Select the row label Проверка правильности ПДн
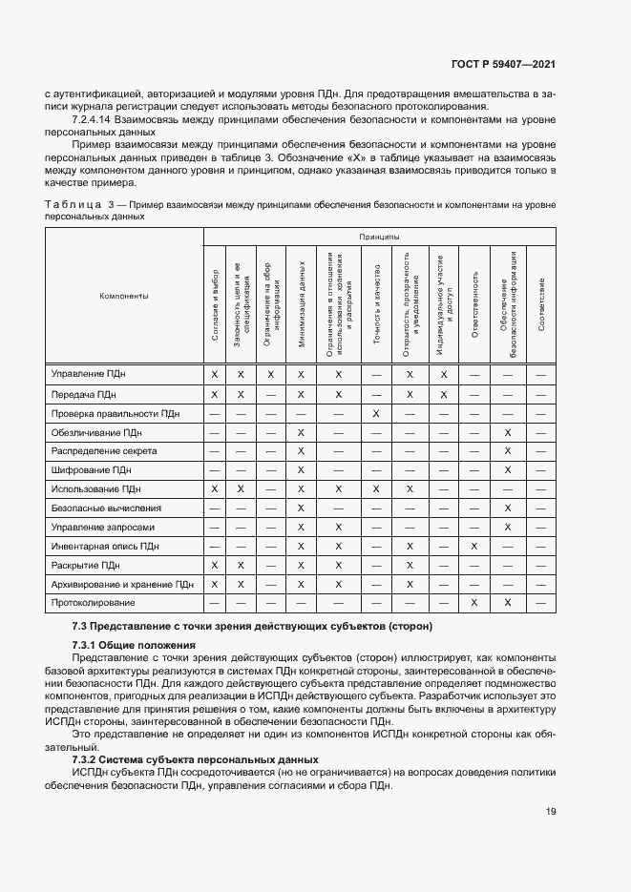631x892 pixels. [x=116, y=413]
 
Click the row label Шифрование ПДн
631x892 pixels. [x=91, y=469]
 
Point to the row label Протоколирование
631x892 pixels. [x=93, y=603]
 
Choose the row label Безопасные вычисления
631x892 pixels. [x=106, y=508]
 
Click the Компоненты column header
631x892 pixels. [x=124, y=296]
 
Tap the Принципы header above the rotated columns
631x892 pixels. [x=379, y=236]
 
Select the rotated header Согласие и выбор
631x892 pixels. [x=215, y=303]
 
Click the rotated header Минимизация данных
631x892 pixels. [x=301, y=303]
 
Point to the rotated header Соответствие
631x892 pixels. [x=541, y=303]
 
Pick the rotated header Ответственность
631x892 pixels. [x=473, y=303]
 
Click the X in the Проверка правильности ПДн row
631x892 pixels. [x=376, y=413]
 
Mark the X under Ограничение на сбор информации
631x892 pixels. [x=271, y=375]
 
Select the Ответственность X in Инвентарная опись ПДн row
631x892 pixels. [x=473, y=546]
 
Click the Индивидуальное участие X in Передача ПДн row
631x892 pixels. [x=444, y=394]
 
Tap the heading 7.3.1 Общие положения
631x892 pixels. [x=119, y=645]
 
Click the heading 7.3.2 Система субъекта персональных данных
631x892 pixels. [x=196, y=758]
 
